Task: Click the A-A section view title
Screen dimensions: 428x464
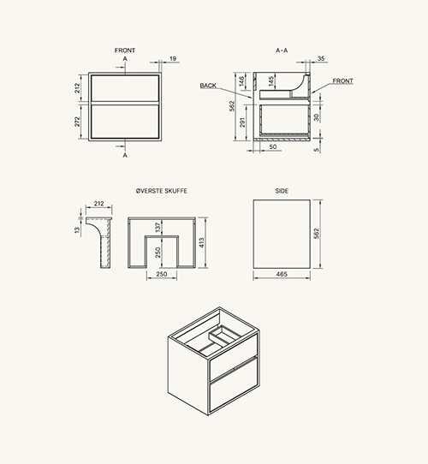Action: point(282,51)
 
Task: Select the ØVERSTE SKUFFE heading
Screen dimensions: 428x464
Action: point(162,191)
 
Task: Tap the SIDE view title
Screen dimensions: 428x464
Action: point(282,191)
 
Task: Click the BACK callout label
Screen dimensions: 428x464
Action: point(208,86)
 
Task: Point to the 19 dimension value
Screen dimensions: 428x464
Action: point(173,58)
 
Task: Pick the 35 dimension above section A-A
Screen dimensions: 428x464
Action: point(321,58)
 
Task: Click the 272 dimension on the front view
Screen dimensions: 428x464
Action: point(77,122)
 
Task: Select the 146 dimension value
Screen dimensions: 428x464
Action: point(241,81)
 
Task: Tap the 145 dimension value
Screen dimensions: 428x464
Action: point(271,81)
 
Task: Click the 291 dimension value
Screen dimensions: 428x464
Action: point(242,122)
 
